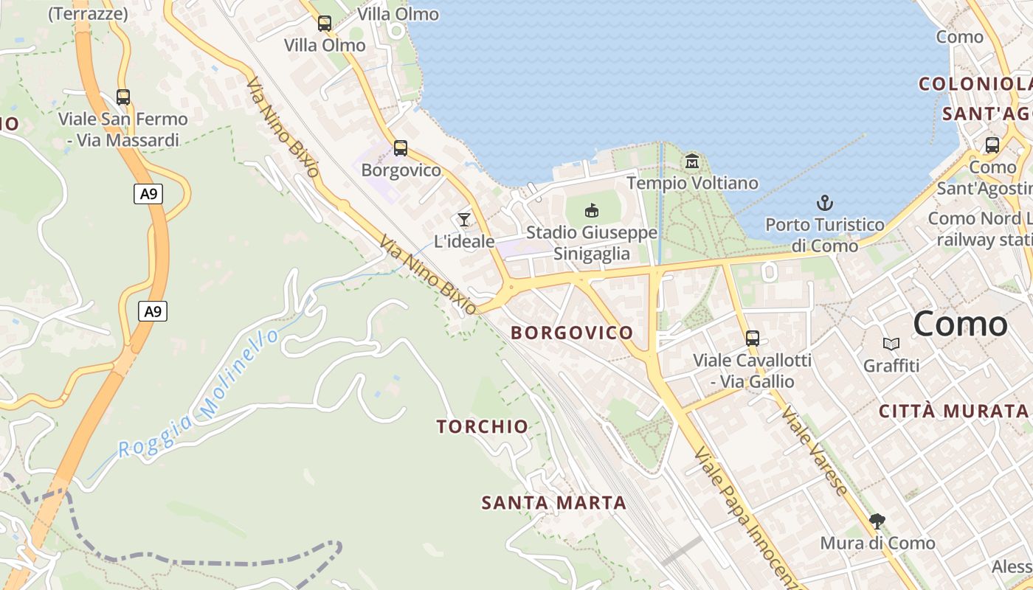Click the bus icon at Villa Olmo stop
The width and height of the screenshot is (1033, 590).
(325, 23)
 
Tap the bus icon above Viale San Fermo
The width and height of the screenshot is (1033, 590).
(123, 97)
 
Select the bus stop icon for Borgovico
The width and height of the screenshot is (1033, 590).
(401, 148)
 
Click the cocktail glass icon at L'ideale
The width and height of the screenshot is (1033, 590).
(464, 219)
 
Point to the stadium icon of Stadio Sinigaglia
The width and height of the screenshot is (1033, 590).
(592, 211)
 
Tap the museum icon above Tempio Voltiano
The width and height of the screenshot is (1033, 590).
(692, 161)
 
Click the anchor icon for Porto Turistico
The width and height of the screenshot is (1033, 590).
(824, 202)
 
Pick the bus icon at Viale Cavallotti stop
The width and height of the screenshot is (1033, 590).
(753, 339)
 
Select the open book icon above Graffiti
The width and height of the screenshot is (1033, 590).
(891, 344)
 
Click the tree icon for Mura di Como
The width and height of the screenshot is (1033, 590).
(877, 521)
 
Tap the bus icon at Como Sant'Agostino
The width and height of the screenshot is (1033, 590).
(992, 145)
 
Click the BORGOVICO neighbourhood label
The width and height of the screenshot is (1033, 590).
(572, 333)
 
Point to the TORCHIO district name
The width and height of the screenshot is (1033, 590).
(482, 426)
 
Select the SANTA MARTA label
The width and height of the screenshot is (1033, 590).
(553, 503)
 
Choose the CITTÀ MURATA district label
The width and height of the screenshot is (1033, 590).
(953, 412)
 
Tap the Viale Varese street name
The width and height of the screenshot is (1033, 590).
(815, 450)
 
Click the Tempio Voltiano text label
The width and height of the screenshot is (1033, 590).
(692, 183)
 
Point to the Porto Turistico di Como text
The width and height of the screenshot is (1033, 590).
(824, 235)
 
